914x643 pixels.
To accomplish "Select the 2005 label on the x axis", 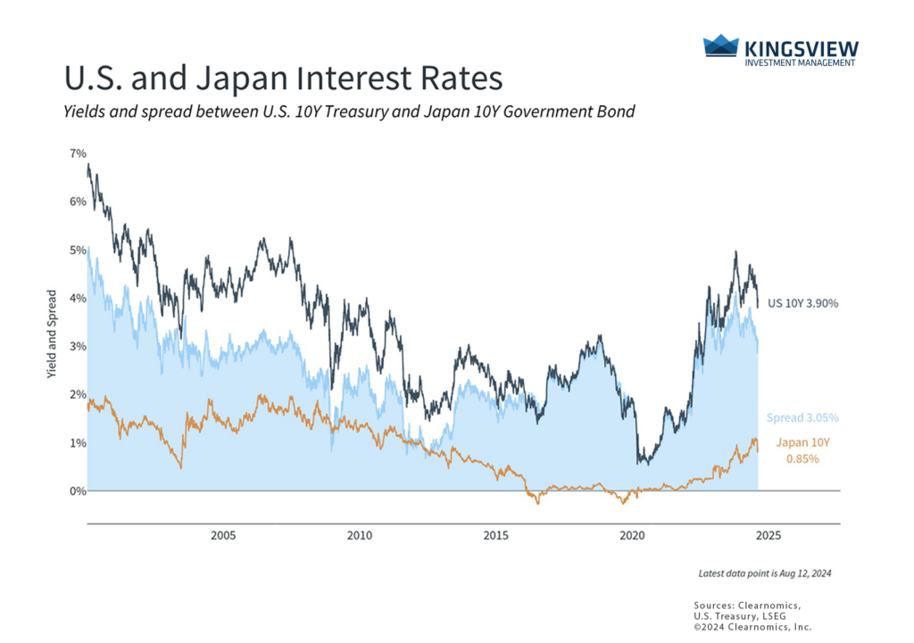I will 222,536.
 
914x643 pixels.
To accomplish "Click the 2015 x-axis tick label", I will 495,536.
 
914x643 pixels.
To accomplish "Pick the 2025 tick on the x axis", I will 769,536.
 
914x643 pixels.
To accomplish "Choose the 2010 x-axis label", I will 359,536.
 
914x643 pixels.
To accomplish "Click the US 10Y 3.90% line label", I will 803,303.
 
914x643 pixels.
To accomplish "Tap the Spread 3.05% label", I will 802,417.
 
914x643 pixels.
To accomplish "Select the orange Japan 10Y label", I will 802,441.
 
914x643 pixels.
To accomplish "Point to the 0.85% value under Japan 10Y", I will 802,458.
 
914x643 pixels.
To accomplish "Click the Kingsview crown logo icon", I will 721,46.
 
